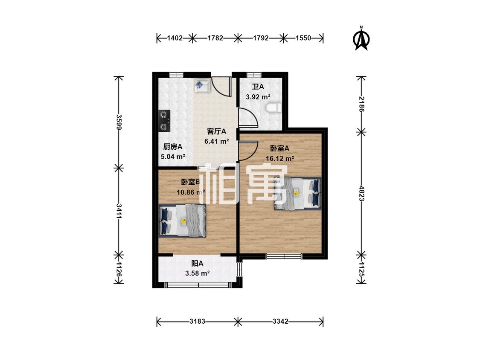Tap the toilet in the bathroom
coord(274,108)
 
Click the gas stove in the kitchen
coord(164,121)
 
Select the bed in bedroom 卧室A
coord(297,193)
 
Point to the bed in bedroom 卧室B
coord(183,221)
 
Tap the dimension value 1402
coord(175,38)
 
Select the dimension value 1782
coord(215,38)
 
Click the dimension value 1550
coord(303,38)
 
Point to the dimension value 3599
coord(119,122)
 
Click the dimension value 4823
coord(361,194)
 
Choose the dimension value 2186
coord(361,104)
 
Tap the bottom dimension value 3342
coord(280,322)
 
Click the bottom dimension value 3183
coord(197,322)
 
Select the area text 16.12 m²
coord(280,159)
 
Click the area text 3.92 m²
coord(258,97)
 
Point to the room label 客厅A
coord(216,131)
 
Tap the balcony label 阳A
coord(197,263)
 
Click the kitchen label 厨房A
coord(173,147)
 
